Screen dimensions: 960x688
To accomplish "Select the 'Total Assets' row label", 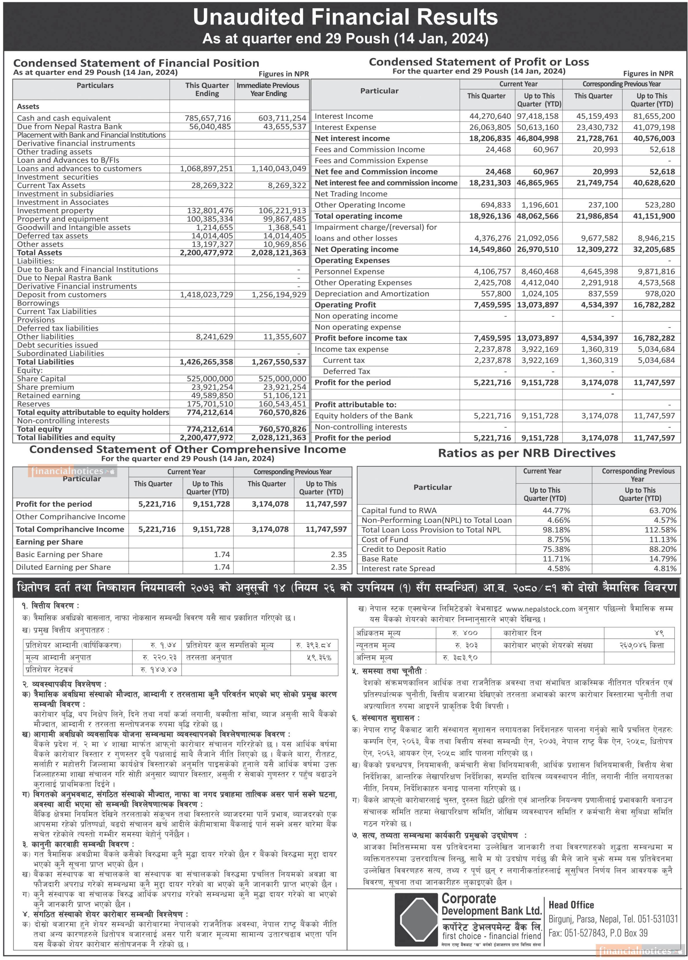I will (39, 253).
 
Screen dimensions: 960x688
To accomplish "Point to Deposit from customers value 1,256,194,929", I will (279, 294).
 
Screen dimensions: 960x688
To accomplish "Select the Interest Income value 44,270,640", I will (490, 116).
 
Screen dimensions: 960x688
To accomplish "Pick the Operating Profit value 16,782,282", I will (654, 305).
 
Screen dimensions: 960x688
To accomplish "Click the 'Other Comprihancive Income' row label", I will (71, 516).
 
